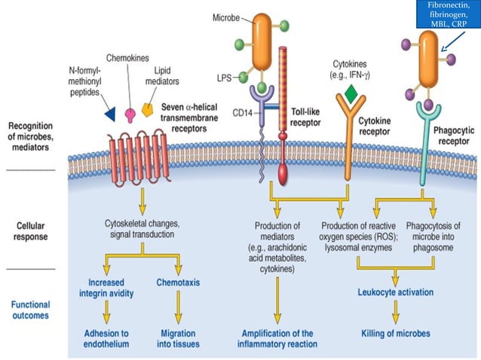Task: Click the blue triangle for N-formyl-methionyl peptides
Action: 109,114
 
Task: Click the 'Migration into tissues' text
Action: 179,338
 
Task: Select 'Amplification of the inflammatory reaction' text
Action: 280,338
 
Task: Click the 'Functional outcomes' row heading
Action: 31,310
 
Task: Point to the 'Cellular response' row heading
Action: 30,230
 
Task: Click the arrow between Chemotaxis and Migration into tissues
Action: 179,309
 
